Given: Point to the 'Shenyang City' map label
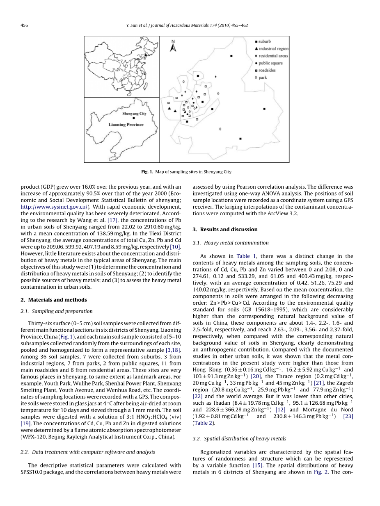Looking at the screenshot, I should tap(134, 114).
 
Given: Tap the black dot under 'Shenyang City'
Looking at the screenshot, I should tap(134, 118).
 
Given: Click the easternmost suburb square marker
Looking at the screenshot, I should tap(264, 109).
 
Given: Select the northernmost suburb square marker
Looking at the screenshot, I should tap(231, 55).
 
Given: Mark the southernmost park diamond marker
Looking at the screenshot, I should tap(220, 129).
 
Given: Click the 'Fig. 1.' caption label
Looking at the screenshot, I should tap(147, 172).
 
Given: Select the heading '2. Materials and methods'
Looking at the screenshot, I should tap(53, 300).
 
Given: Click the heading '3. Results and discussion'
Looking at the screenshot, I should tap(225, 229).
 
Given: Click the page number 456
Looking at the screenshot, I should tap(24, 25).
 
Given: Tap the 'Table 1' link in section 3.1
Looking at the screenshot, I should tap(246, 256).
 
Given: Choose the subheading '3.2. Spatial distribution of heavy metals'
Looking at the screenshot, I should tap(239, 438).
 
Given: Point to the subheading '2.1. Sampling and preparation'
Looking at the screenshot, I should tap(57, 311).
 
